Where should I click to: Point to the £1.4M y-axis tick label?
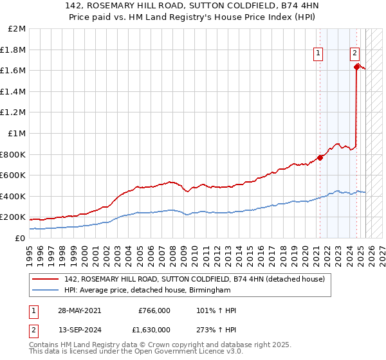pyautogui.click(x=14, y=92)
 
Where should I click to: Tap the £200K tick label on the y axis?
pyautogui.click(x=14, y=217)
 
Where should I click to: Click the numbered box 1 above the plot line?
pyautogui.click(x=318, y=54)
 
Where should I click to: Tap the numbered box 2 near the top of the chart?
pyautogui.click(x=354, y=54)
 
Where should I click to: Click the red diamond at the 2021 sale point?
pyautogui.click(x=320, y=157)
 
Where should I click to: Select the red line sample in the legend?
pyautogui.click(x=46, y=278)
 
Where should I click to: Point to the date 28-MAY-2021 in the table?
pyautogui.click(x=80, y=310)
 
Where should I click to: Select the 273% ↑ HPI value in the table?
pyautogui.click(x=215, y=328)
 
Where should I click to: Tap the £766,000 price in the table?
pyautogui.click(x=154, y=310)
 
